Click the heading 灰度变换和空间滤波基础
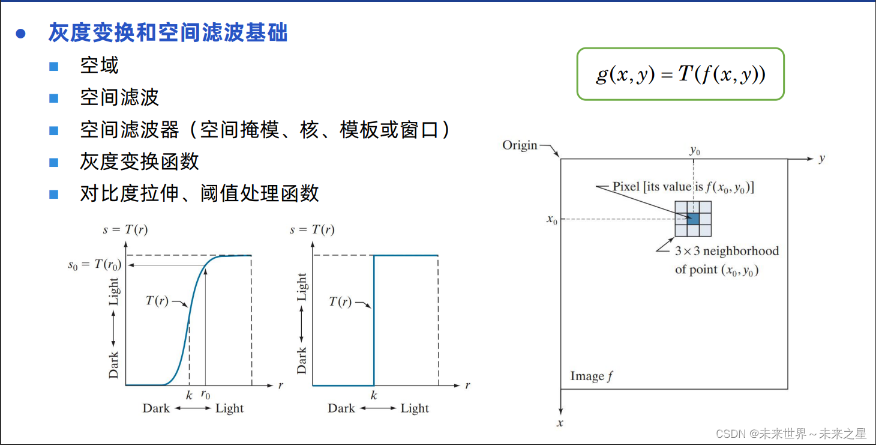[168, 33]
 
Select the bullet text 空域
[100, 65]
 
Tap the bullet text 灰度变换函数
[139, 162]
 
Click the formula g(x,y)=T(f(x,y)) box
[680, 74]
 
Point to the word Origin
[520, 145]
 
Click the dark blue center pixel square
[693, 219]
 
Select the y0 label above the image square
[694, 150]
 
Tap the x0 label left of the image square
[552, 219]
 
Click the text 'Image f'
[592, 377]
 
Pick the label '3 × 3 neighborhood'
[727, 251]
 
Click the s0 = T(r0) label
[94, 264]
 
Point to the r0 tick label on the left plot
[205, 396]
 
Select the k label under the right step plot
[374, 396]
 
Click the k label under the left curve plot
[189, 396]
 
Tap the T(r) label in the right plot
[340, 301]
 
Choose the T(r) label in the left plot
[157, 301]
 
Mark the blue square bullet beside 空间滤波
[54, 98]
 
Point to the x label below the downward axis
[560, 423]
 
